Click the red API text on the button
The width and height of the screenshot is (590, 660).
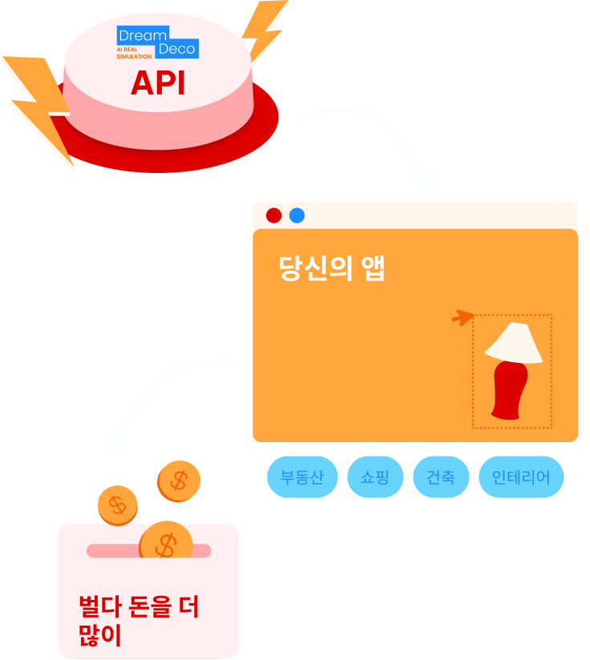point(158,82)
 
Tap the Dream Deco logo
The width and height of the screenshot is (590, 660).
point(157,42)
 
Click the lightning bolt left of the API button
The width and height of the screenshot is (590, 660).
point(40,104)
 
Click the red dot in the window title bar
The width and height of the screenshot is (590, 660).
point(273,215)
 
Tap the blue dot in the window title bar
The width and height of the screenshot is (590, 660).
point(297,215)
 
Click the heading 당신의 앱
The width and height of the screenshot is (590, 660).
point(332,269)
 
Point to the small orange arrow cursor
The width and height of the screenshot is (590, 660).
point(463,318)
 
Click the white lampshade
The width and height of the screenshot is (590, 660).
point(514,343)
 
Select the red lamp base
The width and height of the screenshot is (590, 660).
point(508,390)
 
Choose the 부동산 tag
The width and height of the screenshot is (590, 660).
point(302,478)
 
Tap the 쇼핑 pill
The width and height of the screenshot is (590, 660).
point(375,478)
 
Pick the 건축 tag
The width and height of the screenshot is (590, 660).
point(441,478)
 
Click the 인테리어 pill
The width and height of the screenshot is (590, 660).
point(521,478)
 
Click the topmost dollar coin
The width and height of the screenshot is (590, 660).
point(179,481)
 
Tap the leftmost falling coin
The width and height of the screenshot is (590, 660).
point(118,505)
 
